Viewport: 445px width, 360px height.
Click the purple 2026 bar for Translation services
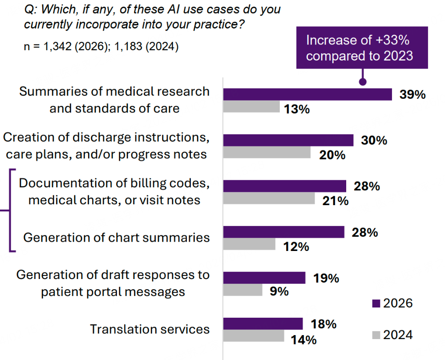(x=263, y=324)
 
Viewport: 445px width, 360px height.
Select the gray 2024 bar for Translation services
(x=253, y=336)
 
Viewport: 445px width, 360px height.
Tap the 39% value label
(x=413, y=95)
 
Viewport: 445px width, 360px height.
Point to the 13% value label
(x=297, y=109)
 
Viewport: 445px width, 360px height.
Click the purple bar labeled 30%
(x=288, y=140)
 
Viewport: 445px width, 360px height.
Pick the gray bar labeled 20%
(x=267, y=152)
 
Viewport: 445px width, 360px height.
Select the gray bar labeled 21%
(x=269, y=198)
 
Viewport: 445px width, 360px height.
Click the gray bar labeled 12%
(x=249, y=244)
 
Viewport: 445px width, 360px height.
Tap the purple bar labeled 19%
(x=264, y=278)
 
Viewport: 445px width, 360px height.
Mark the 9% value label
(x=279, y=291)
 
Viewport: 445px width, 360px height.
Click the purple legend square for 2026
(x=376, y=303)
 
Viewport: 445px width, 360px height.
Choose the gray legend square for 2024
(x=376, y=334)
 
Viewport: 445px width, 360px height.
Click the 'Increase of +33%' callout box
(x=362, y=48)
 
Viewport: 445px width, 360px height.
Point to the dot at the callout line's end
(x=363, y=82)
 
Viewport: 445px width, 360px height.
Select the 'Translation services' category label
(x=150, y=329)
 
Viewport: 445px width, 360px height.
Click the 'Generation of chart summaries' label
(x=116, y=238)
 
